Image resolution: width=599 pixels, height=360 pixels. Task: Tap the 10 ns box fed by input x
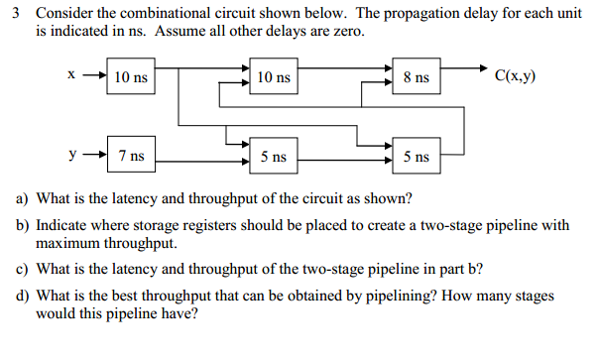tap(131, 76)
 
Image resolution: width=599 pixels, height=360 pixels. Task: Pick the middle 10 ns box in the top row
tap(274, 76)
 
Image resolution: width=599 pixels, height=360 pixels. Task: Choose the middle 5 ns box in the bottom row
tap(274, 156)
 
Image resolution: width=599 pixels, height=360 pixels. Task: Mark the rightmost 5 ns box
tap(418, 156)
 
